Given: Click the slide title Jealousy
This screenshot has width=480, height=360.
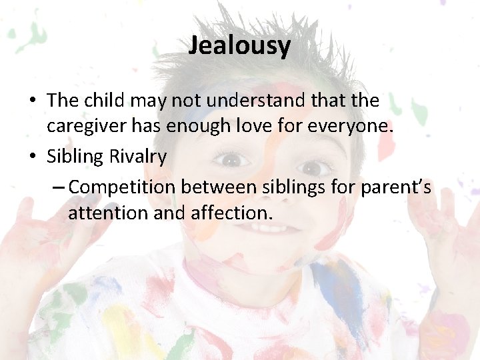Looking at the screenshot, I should coord(239,45).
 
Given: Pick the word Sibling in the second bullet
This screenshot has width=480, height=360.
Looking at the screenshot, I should coord(76,157).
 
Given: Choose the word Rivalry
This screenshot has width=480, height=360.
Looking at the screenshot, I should coord(143,157).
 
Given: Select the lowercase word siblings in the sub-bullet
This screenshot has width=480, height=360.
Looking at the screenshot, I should coord(293,187).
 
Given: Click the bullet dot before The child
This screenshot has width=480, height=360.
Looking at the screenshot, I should coord(33,101).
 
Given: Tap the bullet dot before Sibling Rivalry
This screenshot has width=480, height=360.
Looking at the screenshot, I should coord(33,157).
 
